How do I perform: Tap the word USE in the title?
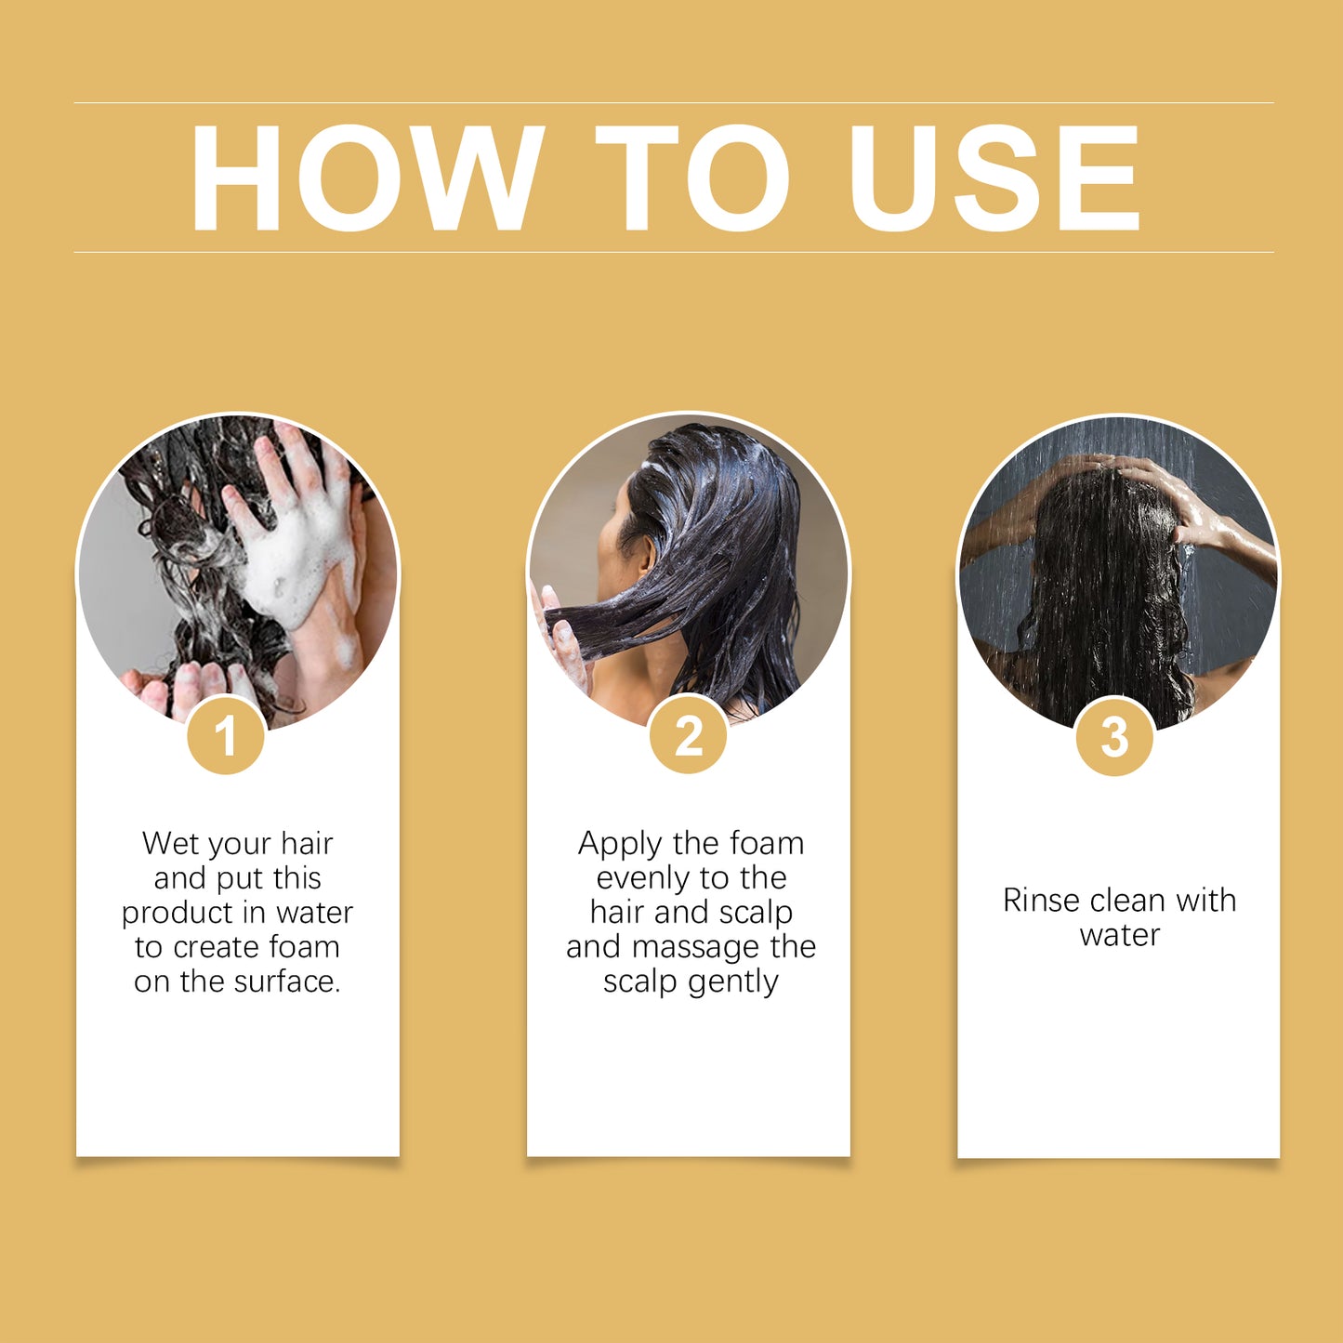(x=994, y=178)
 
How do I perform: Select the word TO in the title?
(x=692, y=178)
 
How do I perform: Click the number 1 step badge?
(x=225, y=734)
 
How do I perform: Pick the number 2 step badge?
(x=688, y=734)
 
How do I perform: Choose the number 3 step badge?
(x=1114, y=737)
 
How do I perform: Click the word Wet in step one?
(x=170, y=843)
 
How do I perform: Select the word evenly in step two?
(x=640, y=879)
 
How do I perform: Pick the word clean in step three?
(x=1128, y=901)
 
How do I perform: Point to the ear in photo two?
(x=645, y=555)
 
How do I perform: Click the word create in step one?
(x=217, y=948)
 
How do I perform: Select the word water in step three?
(x=1120, y=935)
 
